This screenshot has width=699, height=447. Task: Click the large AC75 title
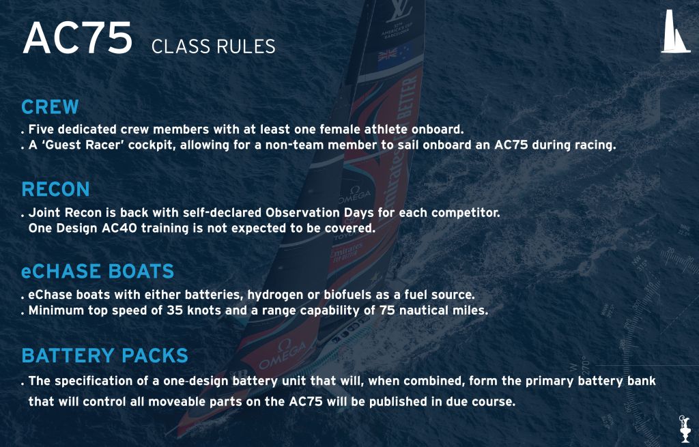tap(78, 38)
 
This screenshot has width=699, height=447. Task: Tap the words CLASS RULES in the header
tap(214, 47)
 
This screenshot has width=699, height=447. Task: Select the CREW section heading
tap(50, 107)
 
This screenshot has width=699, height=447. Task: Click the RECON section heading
tap(56, 190)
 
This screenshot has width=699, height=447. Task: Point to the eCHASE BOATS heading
tap(98, 272)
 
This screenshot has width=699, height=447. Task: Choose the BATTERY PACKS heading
tap(104, 356)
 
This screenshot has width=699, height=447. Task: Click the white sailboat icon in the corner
tap(675, 32)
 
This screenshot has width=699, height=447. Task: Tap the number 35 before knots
tap(174, 311)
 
